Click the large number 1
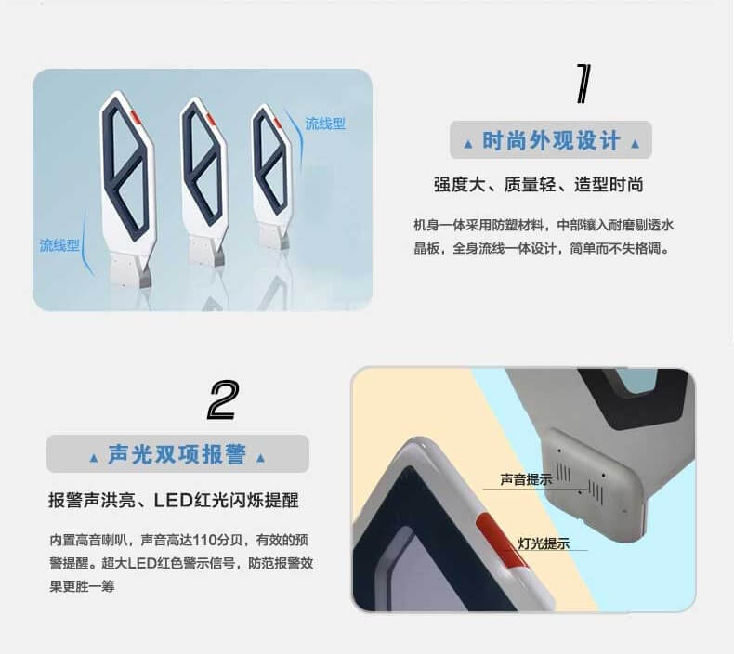(x=583, y=84)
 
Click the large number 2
(x=223, y=400)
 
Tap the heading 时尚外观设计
(x=551, y=140)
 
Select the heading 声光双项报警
(x=177, y=454)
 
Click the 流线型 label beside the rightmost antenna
(x=325, y=124)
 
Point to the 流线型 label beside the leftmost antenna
(x=59, y=245)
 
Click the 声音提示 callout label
(x=526, y=479)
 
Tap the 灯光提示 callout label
(x=544, y=543)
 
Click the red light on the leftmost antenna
(x=136, y=116)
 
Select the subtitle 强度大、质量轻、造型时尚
(x=538, y=185)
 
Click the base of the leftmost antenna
(x=131, y=271)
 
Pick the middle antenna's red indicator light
(x=211, y=119)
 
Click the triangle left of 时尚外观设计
(x=467, y=144)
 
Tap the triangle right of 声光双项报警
(x=260, y=458)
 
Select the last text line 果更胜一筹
(x=82, y=586)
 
